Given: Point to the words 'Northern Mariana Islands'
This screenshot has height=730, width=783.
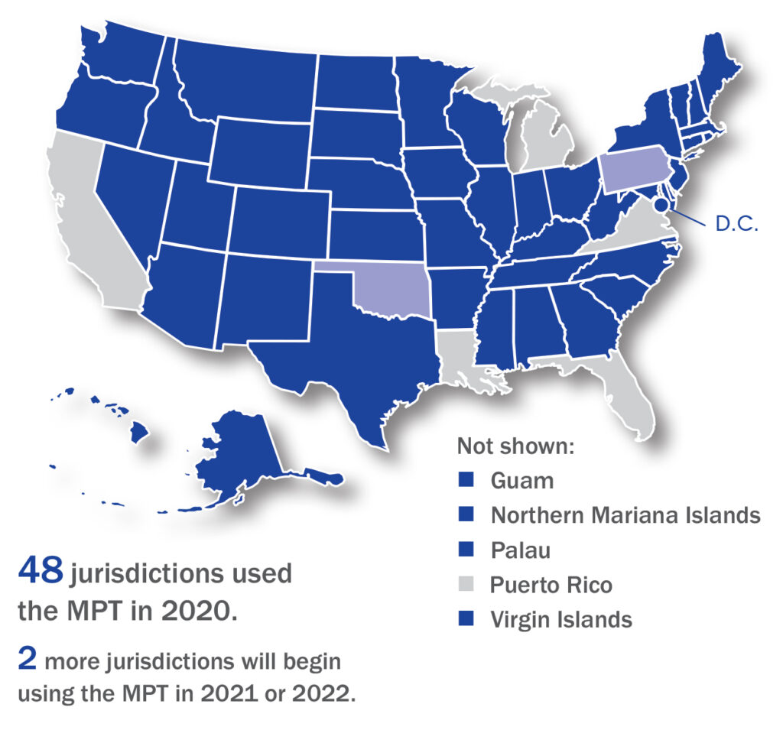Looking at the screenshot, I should [625, 515].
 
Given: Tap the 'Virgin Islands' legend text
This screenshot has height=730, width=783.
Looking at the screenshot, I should [561, 619].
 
